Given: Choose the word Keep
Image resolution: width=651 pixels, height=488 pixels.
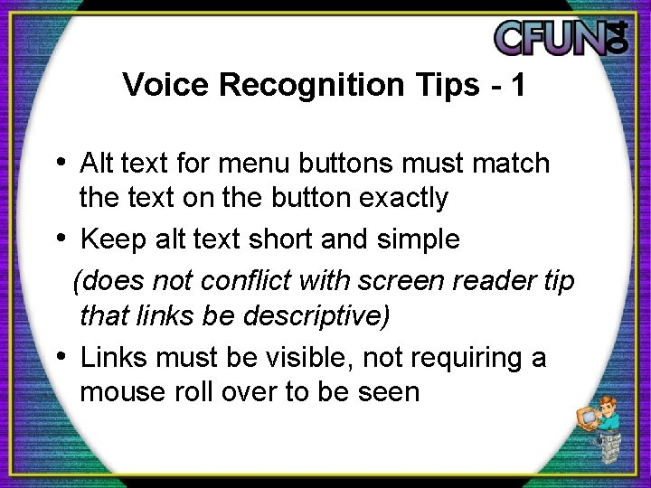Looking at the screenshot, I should coord(109,239).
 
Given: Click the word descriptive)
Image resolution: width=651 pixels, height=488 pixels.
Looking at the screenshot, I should coord(310,316).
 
